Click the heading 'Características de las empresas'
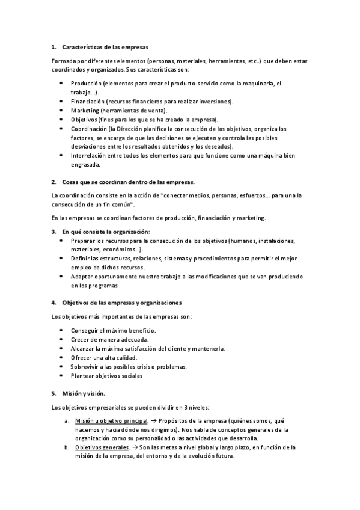(x=105, y=46)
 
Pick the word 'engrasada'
(x=85, y=164)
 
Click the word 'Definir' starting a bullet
(x=81, y=258)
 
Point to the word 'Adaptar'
(x=82, y=277)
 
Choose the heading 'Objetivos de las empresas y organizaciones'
(x=121, y=302)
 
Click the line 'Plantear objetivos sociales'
(x=106, y=376)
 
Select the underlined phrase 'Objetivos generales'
(x=102, y=447)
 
